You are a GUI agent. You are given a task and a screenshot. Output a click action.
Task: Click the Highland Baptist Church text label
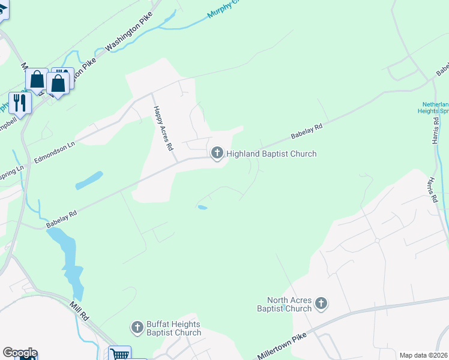click(271, 154)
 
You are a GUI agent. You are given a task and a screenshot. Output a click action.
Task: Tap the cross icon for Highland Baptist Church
click(217, 154)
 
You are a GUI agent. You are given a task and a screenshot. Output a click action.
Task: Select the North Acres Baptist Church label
click(291, 304)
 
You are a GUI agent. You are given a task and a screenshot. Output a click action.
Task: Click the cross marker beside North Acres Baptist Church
click(321, 304)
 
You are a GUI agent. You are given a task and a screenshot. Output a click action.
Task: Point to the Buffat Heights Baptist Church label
click(173, 328)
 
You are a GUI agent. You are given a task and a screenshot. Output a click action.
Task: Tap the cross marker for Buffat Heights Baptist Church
click(137, 328)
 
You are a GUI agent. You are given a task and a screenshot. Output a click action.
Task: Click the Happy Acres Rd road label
click(163, 128)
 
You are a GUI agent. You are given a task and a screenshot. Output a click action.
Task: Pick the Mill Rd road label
click(79, 311)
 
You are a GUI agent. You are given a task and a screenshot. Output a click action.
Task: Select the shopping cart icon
click(119, 355)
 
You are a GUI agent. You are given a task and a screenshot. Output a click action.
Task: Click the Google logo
click(19, 353)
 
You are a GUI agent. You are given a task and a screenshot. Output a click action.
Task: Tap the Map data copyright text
click(423, 355)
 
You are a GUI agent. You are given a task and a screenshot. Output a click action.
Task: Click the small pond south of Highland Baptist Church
click(202, 208)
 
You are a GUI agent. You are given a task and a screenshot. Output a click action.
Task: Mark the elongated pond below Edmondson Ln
click(89, 179)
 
